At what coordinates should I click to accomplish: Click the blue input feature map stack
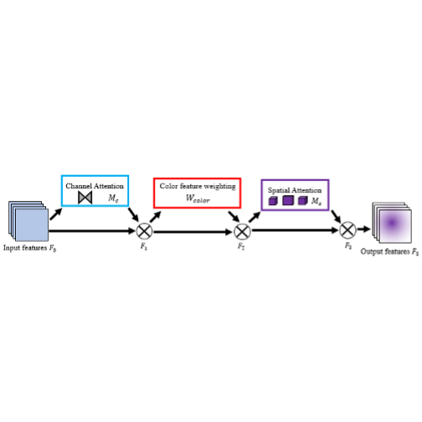[x=28, y=221]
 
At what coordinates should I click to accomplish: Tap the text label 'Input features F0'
[x=30, y=248]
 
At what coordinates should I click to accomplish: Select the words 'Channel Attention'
[x=95, y=186]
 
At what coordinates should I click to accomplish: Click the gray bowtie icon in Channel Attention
[x=85, y=198]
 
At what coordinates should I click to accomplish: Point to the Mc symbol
[x=113, y=198]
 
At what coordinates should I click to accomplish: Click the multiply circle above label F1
[x=144, y=231]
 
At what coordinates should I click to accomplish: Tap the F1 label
[x=144, y=246]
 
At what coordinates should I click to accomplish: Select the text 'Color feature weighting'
[x=198, y=186]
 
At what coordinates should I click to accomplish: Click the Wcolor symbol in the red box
[x=198, y=198]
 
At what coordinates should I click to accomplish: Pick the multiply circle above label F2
[x=242, y=232]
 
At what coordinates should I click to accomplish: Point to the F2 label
[x=241, y=246]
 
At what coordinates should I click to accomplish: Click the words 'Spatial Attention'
[x=295, y=190]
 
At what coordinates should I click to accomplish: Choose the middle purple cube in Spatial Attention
[x=288, y=200]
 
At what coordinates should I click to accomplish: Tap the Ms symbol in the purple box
[x=316, y=201]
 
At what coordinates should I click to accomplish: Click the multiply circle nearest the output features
[x=347, y=230]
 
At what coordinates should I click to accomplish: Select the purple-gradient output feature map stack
[x=392, y=223]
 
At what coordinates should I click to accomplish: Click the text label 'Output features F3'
[x=389, y=252]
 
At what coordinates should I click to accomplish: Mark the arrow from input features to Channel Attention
[x=56, y=214]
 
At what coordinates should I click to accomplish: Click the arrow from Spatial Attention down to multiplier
[x=336, y=217]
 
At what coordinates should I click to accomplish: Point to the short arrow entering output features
[x=364, y=229]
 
